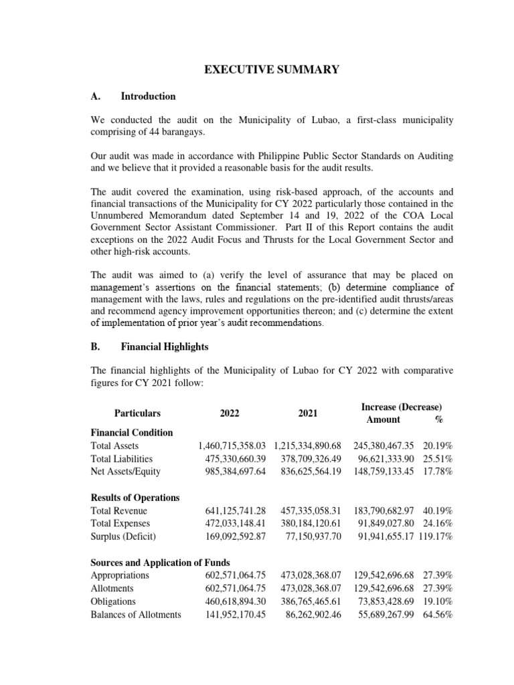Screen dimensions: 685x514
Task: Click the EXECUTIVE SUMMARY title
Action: pos(257,69)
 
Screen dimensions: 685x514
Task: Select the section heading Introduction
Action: pos(148,96)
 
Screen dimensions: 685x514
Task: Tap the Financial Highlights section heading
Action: pos(165,347)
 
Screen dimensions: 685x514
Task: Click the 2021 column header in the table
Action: pos(308,413)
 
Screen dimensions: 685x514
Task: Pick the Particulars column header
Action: pos(133,413)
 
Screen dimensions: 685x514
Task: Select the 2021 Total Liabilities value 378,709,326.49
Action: pos(308,459)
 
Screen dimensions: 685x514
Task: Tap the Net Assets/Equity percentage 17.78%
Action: pos(438,472)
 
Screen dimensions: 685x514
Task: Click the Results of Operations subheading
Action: pos(135,498)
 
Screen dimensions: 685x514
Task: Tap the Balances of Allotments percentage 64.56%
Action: pos(438,615)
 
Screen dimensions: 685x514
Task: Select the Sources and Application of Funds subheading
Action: pos(160,563)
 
